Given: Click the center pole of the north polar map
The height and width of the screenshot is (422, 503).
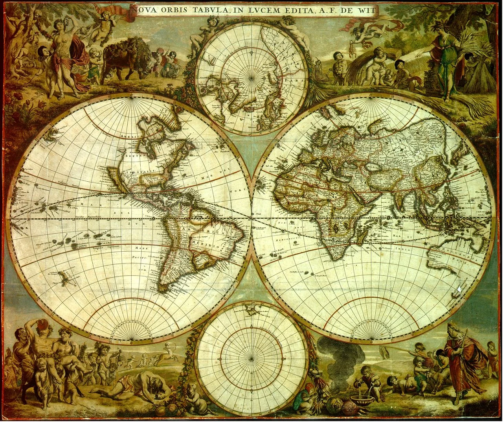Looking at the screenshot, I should (252, 78).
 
